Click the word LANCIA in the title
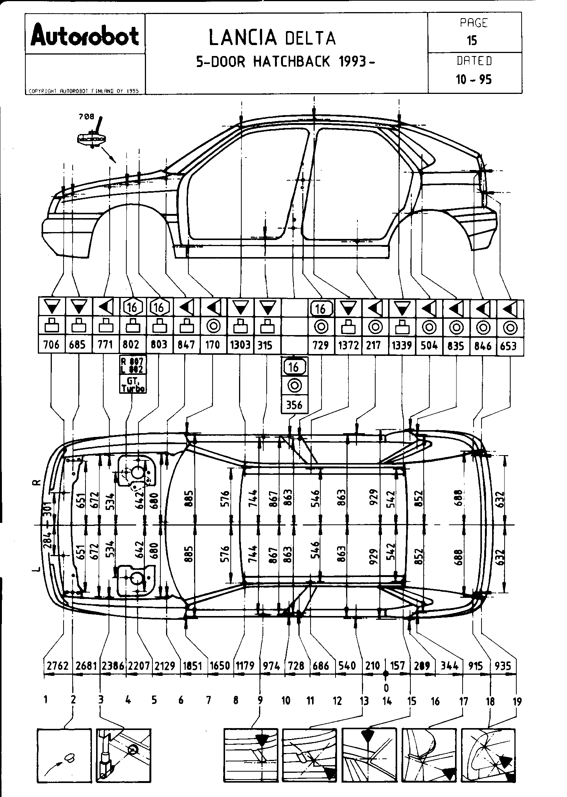pyautogui.click(x=242, y=38)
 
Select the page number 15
pyautogui.click(x=472, y=41)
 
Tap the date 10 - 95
pyautogui.click(x=474, y=80)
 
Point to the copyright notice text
pyautogui.click(x=84, y=91)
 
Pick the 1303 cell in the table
pyautogui.click(x=240, y=345)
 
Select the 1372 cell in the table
pyautogui.click(x=348, y=345)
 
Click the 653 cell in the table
pyautogui.click(x=509, y=345)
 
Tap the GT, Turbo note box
pyautogui.click(x=133, y=385)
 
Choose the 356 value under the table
pyautogui.click(x=294, y=405)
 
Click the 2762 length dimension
pyautogui.click(x=57, y=666)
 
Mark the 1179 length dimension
pyautogui.click(x=245, y=666)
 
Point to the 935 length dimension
pyautogui.click(x=503, y=666)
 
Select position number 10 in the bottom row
pyautogui.click(x=286, y=701)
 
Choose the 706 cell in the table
pyautogui.click(x=51, y=345)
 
